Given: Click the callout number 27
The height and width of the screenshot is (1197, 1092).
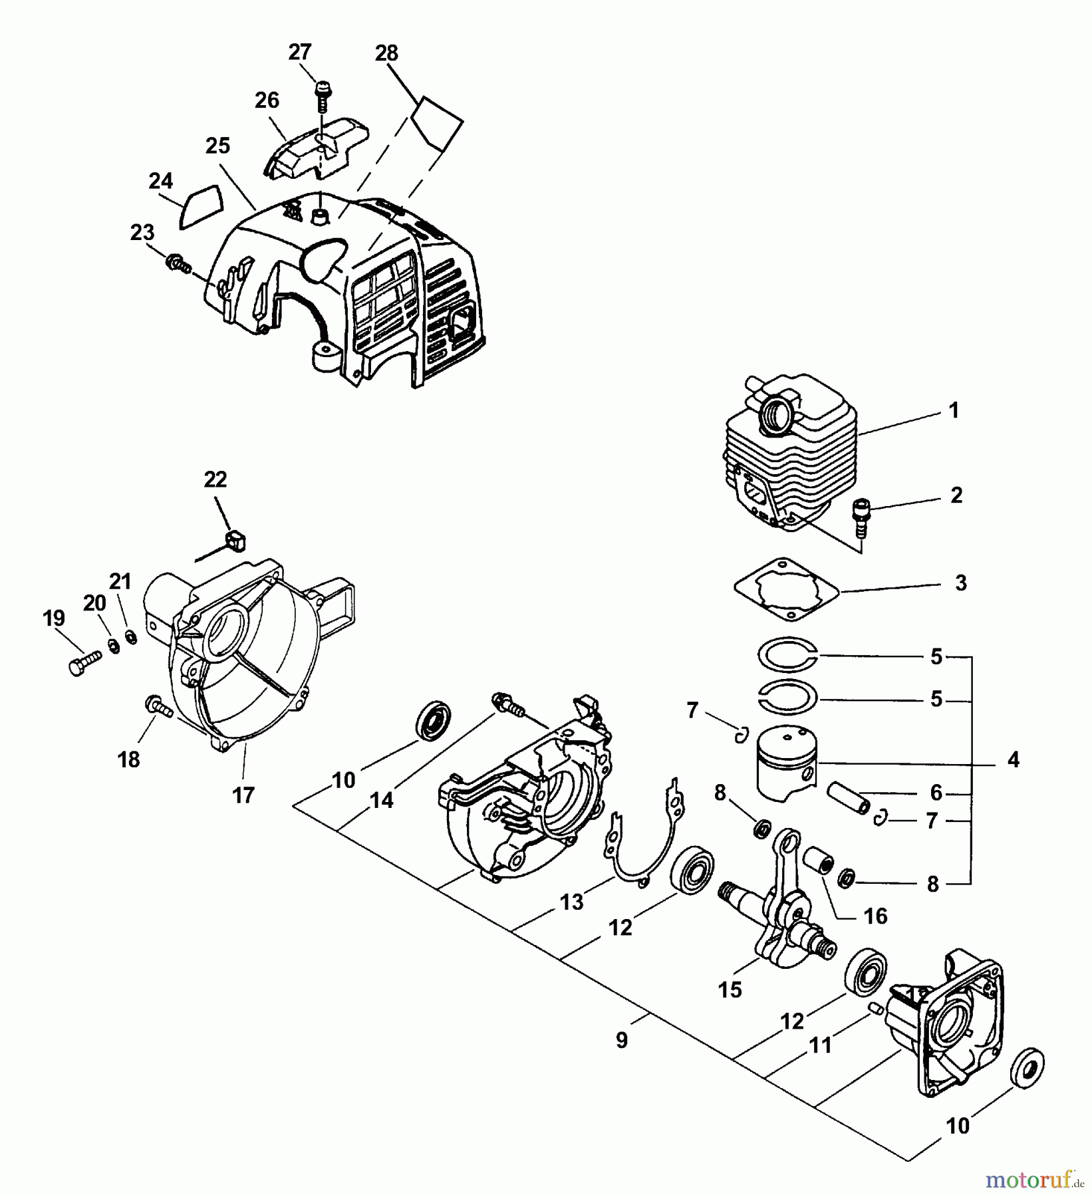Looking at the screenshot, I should point(300,52).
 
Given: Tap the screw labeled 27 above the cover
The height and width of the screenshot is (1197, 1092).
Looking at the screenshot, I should point(323,94).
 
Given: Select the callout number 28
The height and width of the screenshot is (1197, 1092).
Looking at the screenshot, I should point(386,53).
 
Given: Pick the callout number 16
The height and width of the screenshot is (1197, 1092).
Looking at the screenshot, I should point(875,916).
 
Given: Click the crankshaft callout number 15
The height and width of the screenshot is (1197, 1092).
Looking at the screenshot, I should point(730,990).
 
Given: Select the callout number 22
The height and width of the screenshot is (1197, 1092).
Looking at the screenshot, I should point(215,479).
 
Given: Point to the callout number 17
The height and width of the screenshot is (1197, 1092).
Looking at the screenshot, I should point(243,795).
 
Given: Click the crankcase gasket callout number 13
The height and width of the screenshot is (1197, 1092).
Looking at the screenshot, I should point(571,902).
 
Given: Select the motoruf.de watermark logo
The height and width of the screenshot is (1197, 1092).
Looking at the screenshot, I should point(1035,1180).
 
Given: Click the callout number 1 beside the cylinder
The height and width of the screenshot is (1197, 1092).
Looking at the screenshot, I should point(953,410).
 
